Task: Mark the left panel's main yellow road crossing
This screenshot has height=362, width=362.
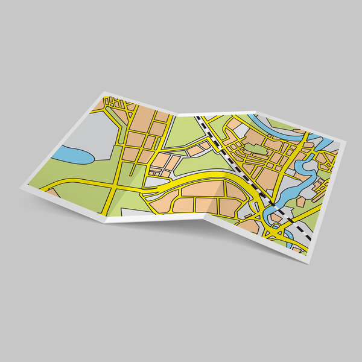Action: point(116,183)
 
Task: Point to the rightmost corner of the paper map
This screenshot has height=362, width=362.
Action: point(346,142)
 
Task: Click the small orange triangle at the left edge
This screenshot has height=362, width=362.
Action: point(52,193)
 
